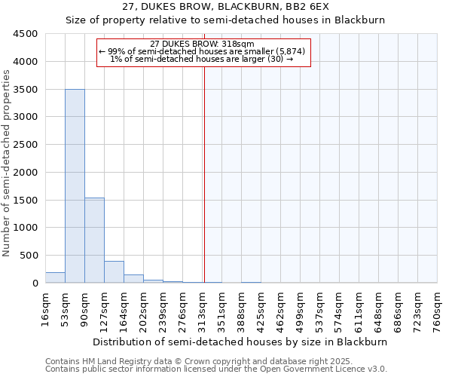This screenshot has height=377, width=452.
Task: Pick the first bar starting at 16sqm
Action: click(x=55, y=277)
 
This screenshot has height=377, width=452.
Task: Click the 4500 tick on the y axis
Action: click(x=26, y=34)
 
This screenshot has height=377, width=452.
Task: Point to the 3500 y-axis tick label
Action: click(x=26, y=90)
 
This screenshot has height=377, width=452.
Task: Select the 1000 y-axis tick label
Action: click(x=26, y=228)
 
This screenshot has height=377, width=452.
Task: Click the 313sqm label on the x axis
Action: click(x=202, y=309)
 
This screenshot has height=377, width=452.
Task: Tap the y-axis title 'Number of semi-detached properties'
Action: click(x=7, y=163)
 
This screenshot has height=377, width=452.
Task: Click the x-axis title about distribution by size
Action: click(x=241, y=342)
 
